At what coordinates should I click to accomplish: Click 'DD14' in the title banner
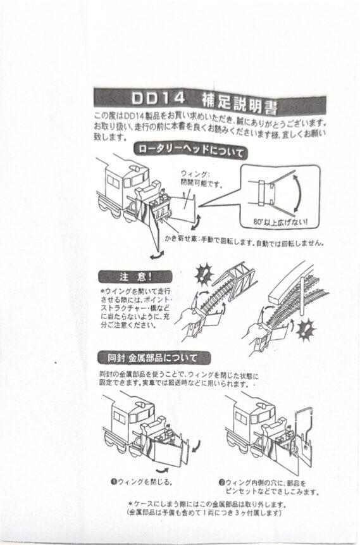[x=158, y=100]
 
